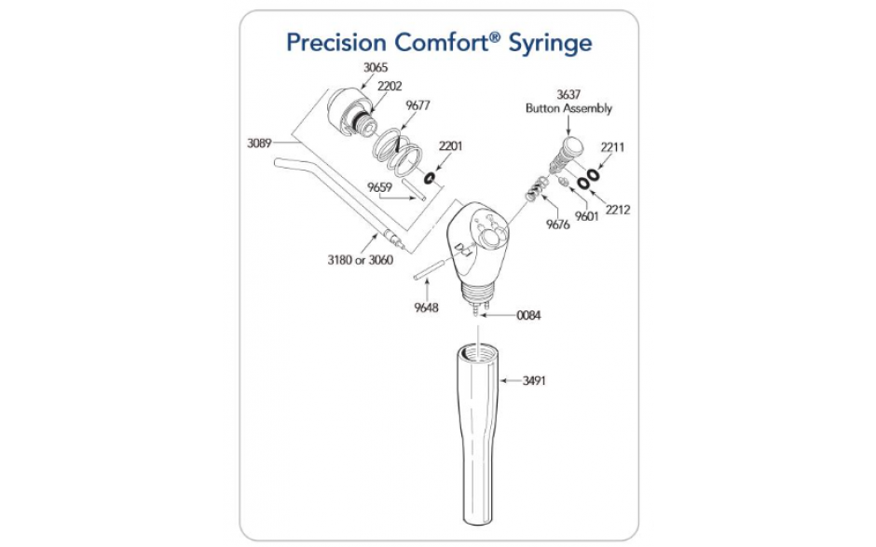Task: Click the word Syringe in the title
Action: pyautogui.click(x=550, y=43)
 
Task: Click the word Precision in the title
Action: pyautogui.click(x=335, y=42)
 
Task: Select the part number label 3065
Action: pyautogui.click(x=376, y=68)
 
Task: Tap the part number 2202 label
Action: pyautogui.click(x=390, y=87)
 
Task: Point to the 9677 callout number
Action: pyautogui.click(x=417, y=105)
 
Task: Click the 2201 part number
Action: pyautogui.click(x=450, y=146)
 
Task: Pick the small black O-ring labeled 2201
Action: pyautogui.click(x=430, y=179)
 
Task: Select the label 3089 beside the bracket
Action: pyautogui.click(x=259, y=144)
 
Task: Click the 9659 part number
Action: pyautogui.click(x=379, y=187)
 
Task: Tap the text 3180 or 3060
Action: pyautogui.click(x=361, y=260)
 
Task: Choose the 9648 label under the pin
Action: pyautogui.click(x=426, y=308)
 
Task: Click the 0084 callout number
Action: pyautogui.click(x=528, y=316)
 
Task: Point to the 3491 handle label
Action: pyautogui.click(x=534, y=381)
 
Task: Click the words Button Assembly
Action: pyautogui.click(x=568, y=108)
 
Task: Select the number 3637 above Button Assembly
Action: pyautogui.click(x=568, y=95)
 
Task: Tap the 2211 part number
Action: pyautogui.click(x=612, y=147)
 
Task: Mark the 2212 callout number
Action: pyautogui.click(x=618, y=210)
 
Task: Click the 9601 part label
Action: pyautogui.click(x=586, y=217)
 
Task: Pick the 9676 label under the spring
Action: pyautogui.click(x=557, y=225)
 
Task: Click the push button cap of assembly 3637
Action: pyautogui.click(x=572, y=146)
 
